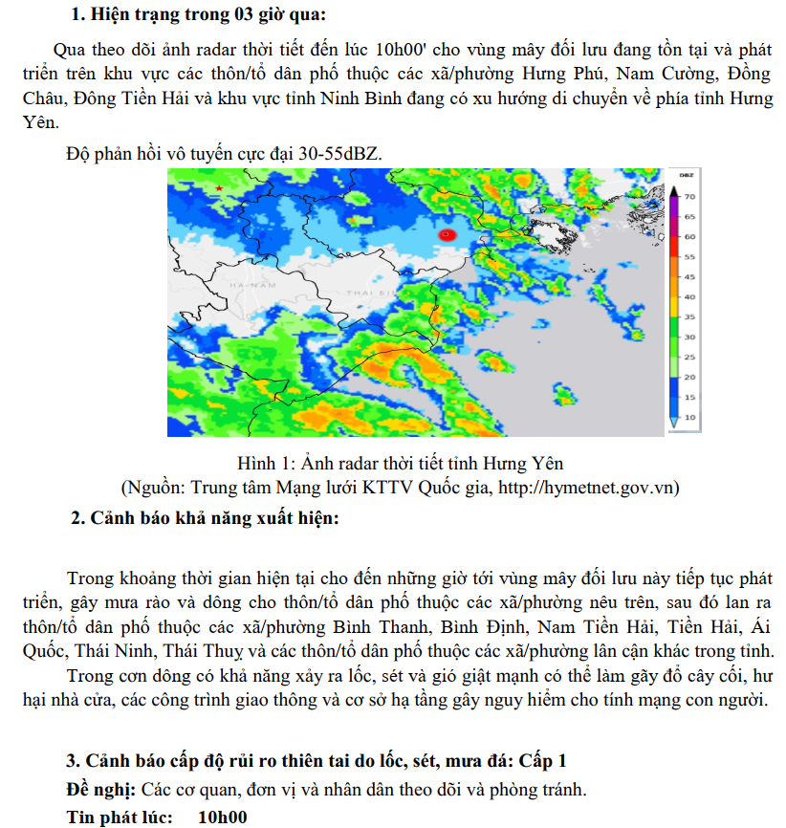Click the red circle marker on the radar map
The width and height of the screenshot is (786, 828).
click(446, 234)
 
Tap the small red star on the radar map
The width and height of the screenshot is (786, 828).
click(220, 189)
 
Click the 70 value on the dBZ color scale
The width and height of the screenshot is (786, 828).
click(688, 195)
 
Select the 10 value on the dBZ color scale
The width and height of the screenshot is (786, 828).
click(688, 418)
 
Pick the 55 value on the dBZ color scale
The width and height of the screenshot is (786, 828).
click(688, 257)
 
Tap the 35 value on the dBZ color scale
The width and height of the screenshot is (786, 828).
click(688, 316)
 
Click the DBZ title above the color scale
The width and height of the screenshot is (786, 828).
click(687, 176)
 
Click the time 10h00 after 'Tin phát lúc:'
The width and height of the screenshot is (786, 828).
click(222, 817)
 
